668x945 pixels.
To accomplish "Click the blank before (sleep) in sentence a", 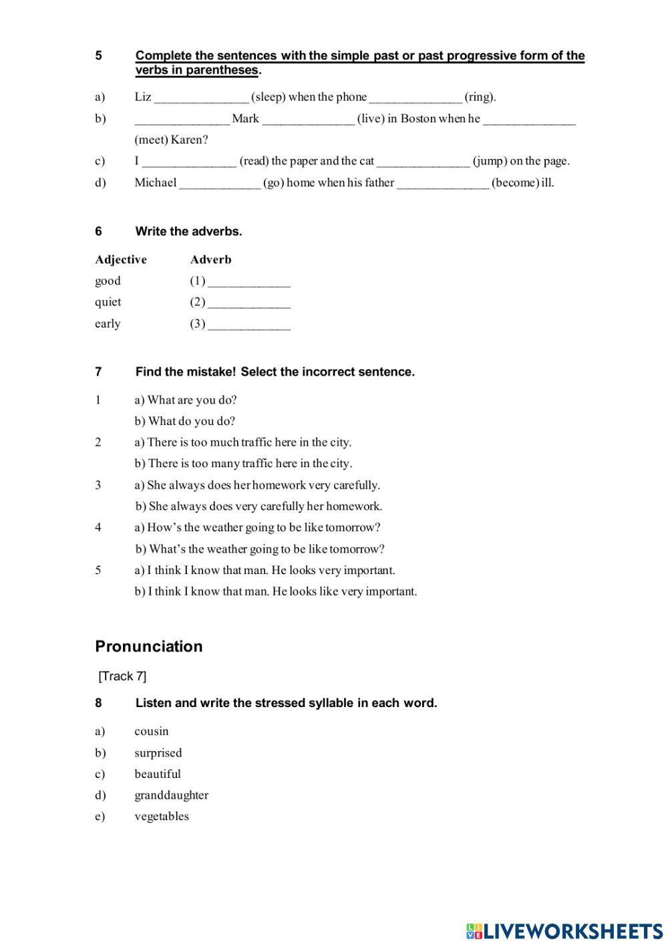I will click(x=201, y=98).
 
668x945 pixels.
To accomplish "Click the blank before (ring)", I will click(x=415, y=98).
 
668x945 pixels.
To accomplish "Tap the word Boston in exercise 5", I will click(x=417, y=119).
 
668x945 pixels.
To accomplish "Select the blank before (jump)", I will click(x=423, y=161).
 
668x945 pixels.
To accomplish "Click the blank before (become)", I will click(x=443, y=183).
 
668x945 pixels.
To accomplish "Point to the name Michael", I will click(x=156, y=182).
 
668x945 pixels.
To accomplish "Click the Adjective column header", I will click(x=121, y=259).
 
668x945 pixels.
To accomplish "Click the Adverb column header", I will click(x=210, y=259).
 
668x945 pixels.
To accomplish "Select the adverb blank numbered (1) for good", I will click(x=249, y=281).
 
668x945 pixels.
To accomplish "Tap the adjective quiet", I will click(x=108, y=302).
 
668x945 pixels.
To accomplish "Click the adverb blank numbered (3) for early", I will click(x=249, y=324).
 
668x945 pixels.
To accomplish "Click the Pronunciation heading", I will click(x=149, y=646).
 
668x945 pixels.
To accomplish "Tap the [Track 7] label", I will click(x=122, y=676).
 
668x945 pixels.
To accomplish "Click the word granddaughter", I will click(x=171, y=795).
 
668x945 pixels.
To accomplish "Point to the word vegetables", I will click(x=162, y=816).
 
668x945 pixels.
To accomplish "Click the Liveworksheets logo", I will click(x=564, y=931).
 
